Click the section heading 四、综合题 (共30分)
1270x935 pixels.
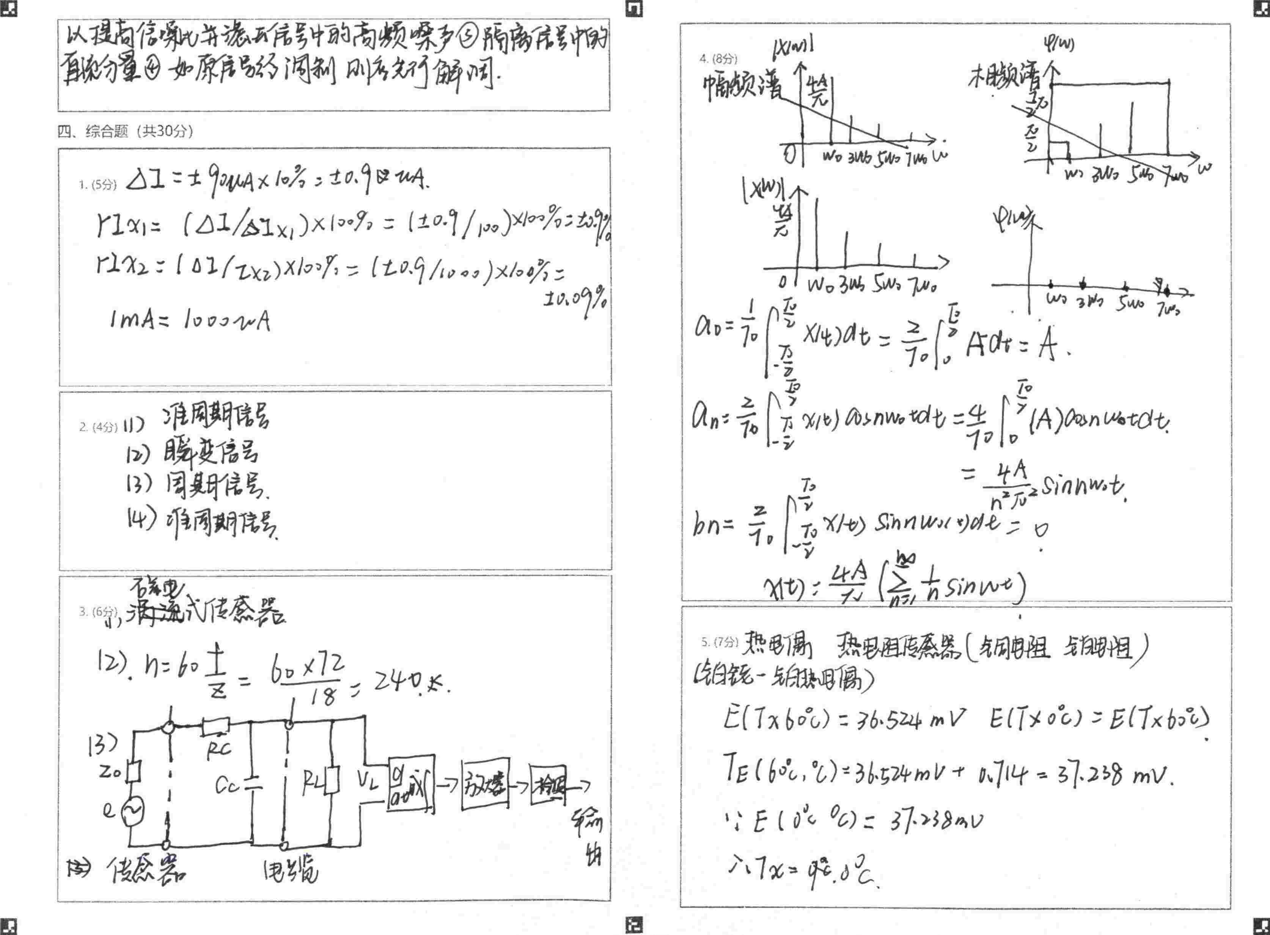(x=125, y=131)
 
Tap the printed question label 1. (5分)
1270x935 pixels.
(x=97, y=184)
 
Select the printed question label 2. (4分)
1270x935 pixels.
(x=98, y=427)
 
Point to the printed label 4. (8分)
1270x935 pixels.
(x=718, y=59)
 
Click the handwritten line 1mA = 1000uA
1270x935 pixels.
(x=190, y=321)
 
